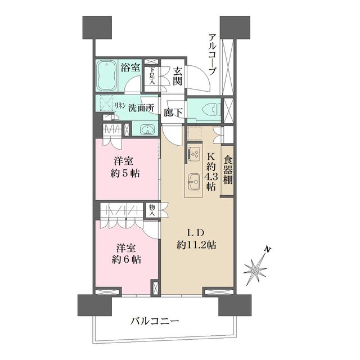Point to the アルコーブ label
pos(212,55)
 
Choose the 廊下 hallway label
pos(173,112)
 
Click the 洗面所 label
pos(141,107)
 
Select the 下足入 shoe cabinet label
pos(151,75)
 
